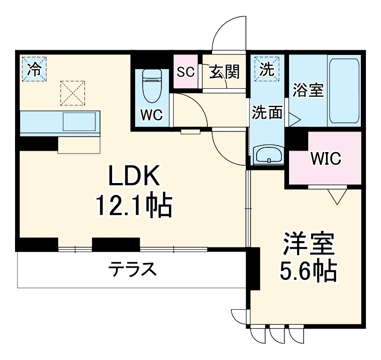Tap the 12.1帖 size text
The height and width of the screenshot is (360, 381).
(134, 206)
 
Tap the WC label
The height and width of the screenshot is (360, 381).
(151, 114)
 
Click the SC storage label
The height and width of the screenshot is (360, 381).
(185, 72)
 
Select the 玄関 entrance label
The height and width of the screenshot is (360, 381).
(224, 72)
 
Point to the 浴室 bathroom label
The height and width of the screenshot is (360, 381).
(308, 90)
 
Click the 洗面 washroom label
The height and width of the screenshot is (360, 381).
(267, 113)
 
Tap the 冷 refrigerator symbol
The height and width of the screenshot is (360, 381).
(34, 69)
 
